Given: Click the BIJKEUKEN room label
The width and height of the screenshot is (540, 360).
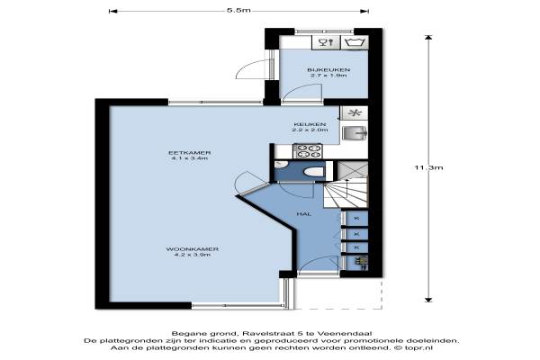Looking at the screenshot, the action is click(328, 70).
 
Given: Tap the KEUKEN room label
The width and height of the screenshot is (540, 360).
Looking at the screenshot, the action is click(310, 124).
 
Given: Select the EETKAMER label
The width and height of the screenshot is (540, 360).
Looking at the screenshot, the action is click(189, 153).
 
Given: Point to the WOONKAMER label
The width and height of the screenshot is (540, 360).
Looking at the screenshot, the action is click(193, 249).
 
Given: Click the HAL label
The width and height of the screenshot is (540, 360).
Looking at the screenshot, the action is click(304, 214).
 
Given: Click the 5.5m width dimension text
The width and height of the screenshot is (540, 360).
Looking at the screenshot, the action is click(238, 10).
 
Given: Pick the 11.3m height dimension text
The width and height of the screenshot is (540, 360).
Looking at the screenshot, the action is click(428, 167).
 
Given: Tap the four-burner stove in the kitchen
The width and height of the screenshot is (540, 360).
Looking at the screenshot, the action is click(308, 151).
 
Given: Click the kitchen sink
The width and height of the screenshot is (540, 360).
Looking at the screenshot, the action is click(355, 133).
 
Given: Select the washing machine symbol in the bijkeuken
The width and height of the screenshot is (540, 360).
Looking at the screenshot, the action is click(355, 42).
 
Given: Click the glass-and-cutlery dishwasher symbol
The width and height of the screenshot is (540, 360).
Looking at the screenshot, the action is click(326, 42).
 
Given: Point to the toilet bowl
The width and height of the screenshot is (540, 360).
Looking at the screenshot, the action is click(314, 171).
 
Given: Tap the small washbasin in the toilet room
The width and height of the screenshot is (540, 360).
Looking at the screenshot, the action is click(281, 165).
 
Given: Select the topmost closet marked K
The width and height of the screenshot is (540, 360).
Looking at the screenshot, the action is click(356, 219).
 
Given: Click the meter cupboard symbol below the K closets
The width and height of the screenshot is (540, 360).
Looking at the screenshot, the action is click(361, 262).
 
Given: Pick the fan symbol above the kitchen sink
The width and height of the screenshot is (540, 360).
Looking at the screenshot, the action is click(355, 112).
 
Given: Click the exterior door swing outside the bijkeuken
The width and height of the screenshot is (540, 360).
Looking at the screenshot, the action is click(252, 69).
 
